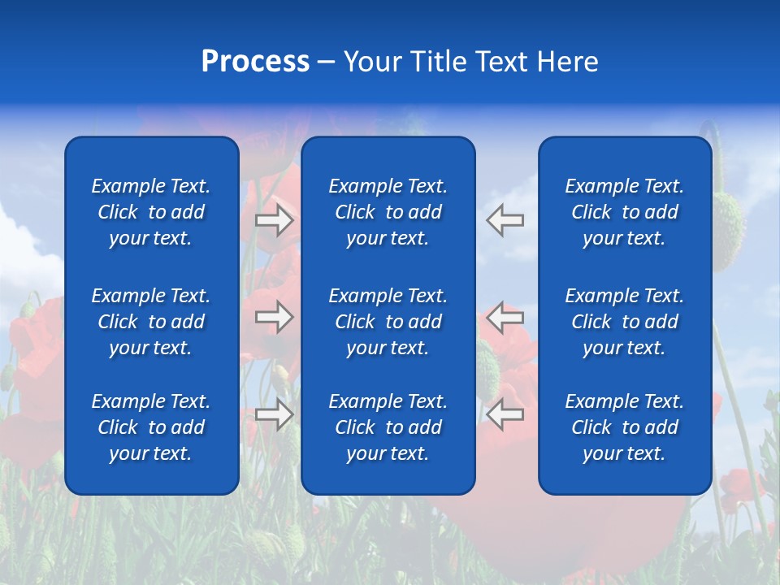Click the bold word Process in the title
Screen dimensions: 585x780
(255, 62)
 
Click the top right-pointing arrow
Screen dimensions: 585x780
(275, 220)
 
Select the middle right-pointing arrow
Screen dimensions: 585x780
(275, 317)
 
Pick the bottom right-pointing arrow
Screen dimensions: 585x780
(275, 414)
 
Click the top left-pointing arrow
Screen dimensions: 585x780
(505, 220)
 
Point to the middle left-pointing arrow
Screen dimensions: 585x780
(505, 317)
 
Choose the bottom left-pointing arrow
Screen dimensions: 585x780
(505, 414)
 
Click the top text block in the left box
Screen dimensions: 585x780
(151, 212)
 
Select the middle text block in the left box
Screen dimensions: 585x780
(151, 322)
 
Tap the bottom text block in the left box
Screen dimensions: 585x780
(151, 427)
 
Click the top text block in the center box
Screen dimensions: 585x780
(388, 212)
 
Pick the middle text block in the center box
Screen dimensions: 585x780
(388, 322)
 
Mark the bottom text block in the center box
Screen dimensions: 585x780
(388, 427)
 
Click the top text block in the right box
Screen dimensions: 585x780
(625, 212)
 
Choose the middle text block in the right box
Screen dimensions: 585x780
(625, 322)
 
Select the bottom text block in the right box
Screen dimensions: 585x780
(625, 427)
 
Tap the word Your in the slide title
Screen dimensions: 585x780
(373, 62)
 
